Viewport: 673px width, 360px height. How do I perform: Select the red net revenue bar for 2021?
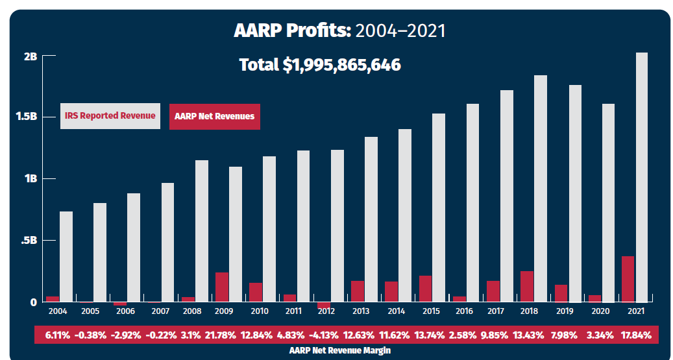pyautogui.click(x=628, y=279)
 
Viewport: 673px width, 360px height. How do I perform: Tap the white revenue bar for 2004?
pyautogui.click(x=66, y=256)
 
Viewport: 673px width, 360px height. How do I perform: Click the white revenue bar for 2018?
pyautogui.click(x=540, y=188)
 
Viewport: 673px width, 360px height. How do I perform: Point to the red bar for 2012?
pyautogui.click(x=324, y=305)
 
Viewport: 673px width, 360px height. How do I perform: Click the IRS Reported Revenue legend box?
pyautogui.click(x=110, y=116)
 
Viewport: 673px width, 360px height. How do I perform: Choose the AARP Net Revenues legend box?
pyautogui.click(x=214, y=117)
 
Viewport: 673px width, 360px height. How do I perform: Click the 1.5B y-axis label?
pyautogui.click(x=27, y=117)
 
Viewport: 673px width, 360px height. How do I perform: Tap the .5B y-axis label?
pyautogui.click(x=29, y=241)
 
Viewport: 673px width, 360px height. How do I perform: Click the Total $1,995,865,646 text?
pyautogui.click(x=319, y=65)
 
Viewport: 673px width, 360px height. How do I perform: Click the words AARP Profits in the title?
pyautogui.click(x=292, y=30)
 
